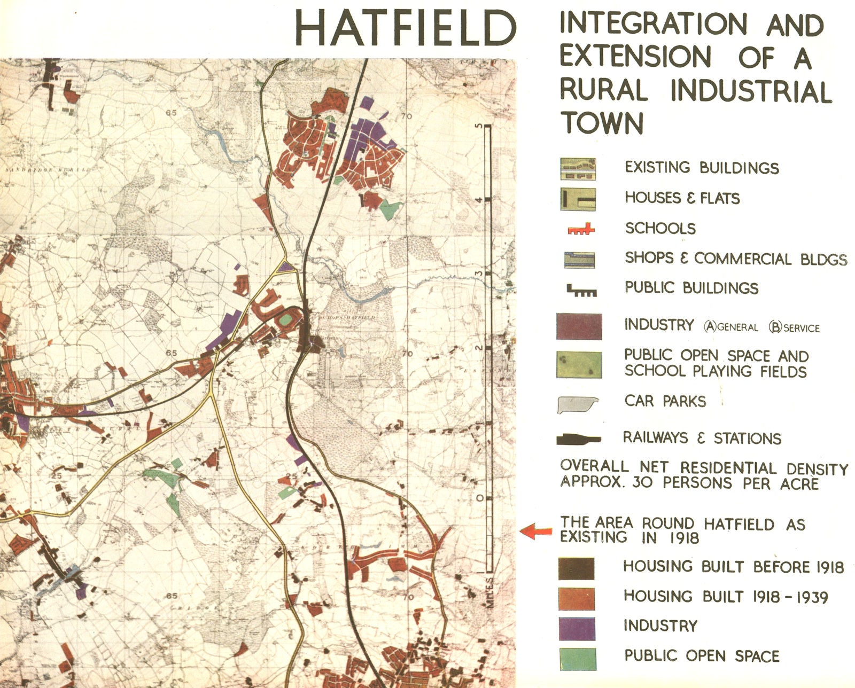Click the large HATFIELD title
click(x=405, y=29)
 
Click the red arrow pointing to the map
click(x=536, y=531)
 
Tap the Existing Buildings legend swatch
click(x=578, y=169)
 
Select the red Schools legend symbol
click(x=580, y=230)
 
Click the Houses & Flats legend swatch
click(x=578, y=199)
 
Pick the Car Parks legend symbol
click(x=578, y=404)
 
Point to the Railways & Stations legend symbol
click(x=579, y=440)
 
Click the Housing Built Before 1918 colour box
click(x=577, y=568)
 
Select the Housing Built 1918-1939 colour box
click(x=577, y=598)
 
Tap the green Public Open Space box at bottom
click(x=578, y=659)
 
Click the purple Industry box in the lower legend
click(x=577, y=628)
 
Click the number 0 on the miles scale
click(x=479, y=498)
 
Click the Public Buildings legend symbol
click(x=581, y=291)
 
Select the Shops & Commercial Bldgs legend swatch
click(x=579, y=260)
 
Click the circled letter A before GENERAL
click(x=710, y=326)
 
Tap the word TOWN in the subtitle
click(x=602, y=123)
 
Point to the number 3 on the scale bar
click(x=479, y=274)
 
